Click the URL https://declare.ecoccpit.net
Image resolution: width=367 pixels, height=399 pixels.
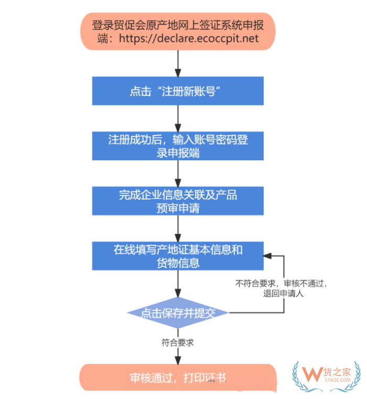[x=189, y=38]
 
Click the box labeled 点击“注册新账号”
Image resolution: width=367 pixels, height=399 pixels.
[x=178, y=91]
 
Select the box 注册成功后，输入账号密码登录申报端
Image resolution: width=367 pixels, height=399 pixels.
[x=178, y=146]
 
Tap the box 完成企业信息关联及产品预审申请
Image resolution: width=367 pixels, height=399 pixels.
[x=178, y=201]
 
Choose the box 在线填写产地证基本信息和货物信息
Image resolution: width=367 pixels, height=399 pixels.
[x=178, y=256]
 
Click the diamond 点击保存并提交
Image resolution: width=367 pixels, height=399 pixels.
[x=178, y=313]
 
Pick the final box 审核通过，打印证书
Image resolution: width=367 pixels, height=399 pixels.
[x=178, y=377]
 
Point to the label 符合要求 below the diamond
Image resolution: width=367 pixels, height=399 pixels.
[x=178, y=342]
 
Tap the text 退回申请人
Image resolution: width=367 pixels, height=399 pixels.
[x=284, y=293]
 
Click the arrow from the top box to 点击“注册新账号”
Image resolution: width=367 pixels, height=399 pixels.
[x=178, y=64]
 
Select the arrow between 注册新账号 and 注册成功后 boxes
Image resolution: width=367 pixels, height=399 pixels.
[x=178, y=118]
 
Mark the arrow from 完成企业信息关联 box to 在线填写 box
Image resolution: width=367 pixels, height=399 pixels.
[x=178, y=228]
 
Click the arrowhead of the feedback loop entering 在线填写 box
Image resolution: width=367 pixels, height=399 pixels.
[x=268, y=256]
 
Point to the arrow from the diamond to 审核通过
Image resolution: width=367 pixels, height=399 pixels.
[x=178, y=354]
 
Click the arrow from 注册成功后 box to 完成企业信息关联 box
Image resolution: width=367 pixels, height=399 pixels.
[x=178, y=173]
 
